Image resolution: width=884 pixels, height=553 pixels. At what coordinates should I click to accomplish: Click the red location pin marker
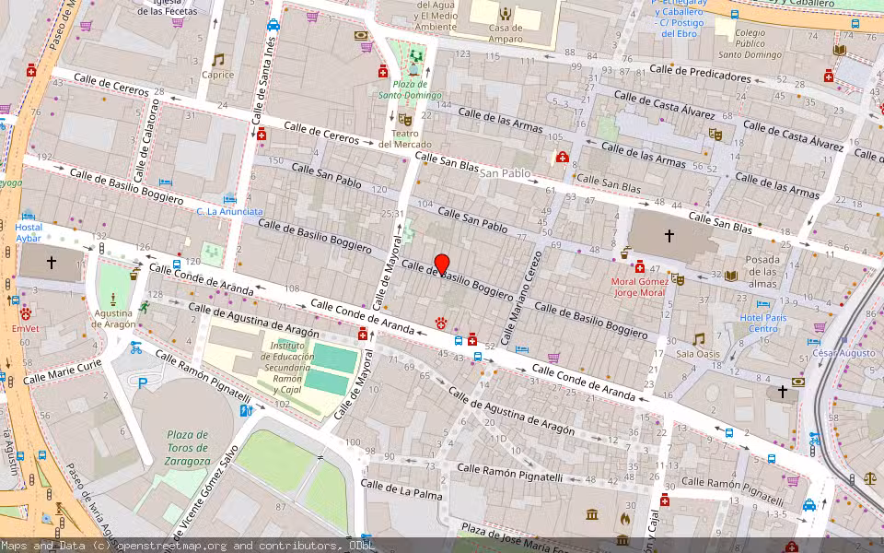tap(441, 264)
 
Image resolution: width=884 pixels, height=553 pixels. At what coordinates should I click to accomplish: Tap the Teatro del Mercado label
tap(404, 138)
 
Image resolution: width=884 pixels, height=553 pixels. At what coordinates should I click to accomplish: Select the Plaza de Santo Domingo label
tap(410, 89)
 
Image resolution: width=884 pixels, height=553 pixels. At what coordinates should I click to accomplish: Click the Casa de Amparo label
tap(506, 34)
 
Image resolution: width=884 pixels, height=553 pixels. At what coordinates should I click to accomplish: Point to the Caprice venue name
tap(218, 76)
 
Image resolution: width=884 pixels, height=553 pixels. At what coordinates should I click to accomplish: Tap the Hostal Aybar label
tap(29, 232)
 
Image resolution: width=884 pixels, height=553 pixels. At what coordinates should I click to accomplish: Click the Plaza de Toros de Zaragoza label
tap(186, 448)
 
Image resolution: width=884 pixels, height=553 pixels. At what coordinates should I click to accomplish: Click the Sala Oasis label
tap(698, 353)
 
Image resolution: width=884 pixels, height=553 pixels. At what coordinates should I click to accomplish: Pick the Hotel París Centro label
tap(763, 324)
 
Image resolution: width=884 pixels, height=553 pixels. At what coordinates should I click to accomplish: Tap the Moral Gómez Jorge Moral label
tap(639, 287)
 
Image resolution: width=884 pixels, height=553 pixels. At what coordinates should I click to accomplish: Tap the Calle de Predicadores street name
tap(700, 73)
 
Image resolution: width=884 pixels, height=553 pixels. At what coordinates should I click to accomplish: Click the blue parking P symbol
tap(142, 382)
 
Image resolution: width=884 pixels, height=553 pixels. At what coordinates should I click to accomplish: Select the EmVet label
tap(26, 328)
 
